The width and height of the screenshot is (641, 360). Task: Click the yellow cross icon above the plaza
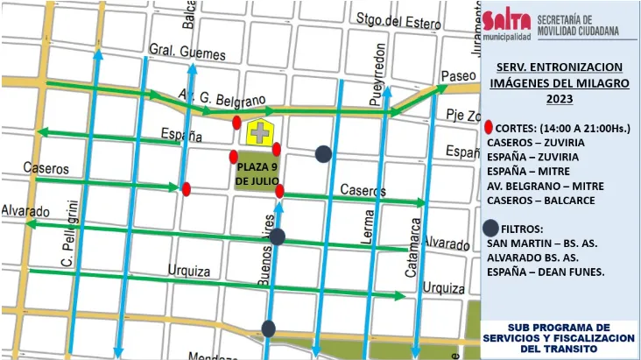coord(258,133)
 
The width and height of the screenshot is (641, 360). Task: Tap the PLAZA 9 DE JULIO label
coord(256,173)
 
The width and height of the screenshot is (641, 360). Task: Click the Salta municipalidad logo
coord(507,24)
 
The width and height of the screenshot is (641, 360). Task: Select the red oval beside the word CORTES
coord(489,128)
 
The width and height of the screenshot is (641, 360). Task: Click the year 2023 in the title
coord(559,99)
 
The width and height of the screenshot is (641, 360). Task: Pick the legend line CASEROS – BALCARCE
coord(540,201)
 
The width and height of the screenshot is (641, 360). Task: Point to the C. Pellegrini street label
coord(70,236)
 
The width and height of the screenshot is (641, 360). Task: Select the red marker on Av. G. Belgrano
coord(237,122)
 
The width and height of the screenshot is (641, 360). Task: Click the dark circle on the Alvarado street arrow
coord(277,236)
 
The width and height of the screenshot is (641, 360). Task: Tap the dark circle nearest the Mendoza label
coord(269,328)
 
